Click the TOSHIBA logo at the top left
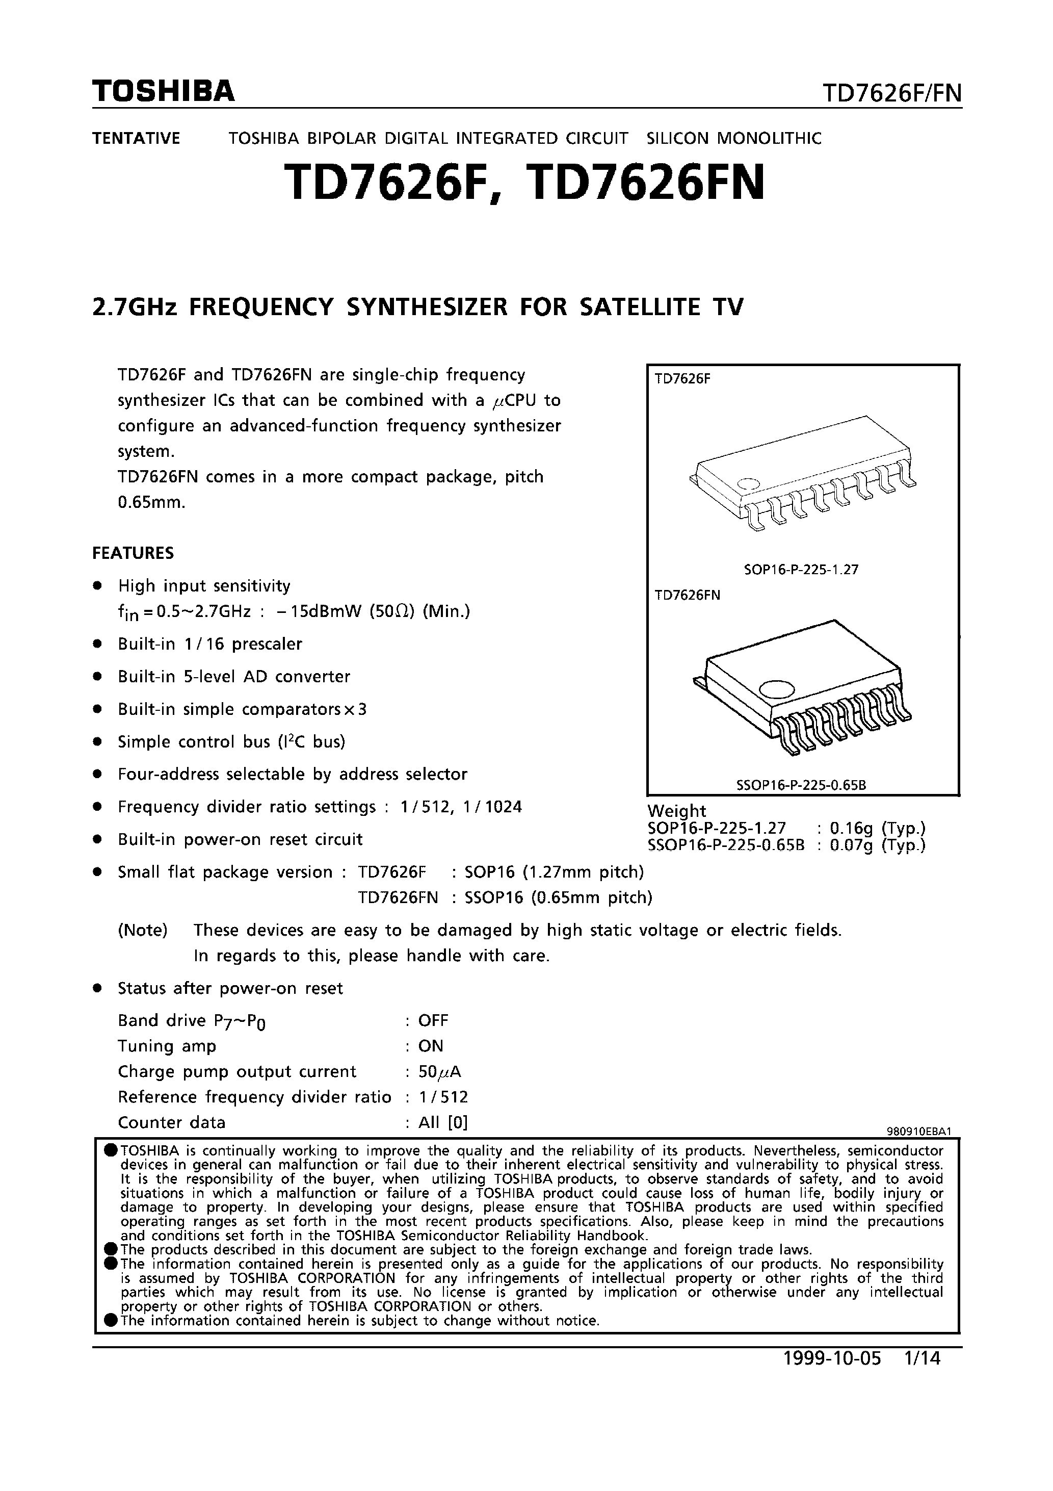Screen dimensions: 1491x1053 pyautogui.click(x=163, y=92)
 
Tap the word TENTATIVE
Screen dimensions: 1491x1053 pyautogui.click(x=136, y=138)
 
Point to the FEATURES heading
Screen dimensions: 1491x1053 pyautogui.click(x=133, y=553)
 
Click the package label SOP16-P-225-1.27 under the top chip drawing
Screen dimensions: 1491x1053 pyautogui.click(x=801, y=570)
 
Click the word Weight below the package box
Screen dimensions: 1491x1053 pyautogui.click(x=676, y=810)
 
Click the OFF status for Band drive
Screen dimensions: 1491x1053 pyautogui.click(x=433, y=1020)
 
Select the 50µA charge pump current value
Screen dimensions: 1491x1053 pyautogui.click(x=439, y=1071)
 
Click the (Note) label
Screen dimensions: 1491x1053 pyautogui.click(x=143, y=930)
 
